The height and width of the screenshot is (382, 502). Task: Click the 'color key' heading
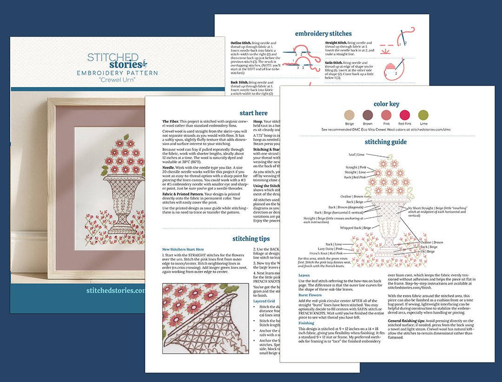pos(386,104)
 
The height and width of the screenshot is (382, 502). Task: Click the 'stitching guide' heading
pos(386,142)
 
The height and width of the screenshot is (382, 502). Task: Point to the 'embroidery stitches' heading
pos(323,34)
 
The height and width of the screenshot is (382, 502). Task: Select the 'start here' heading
pos(253,113)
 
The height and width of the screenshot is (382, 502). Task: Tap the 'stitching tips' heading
pos(251,239)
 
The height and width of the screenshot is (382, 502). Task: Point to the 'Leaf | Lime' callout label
pos(357,154)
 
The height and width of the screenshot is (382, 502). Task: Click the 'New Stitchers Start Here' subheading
pos(183,249)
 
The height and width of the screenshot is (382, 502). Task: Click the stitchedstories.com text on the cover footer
pos(116,290)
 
